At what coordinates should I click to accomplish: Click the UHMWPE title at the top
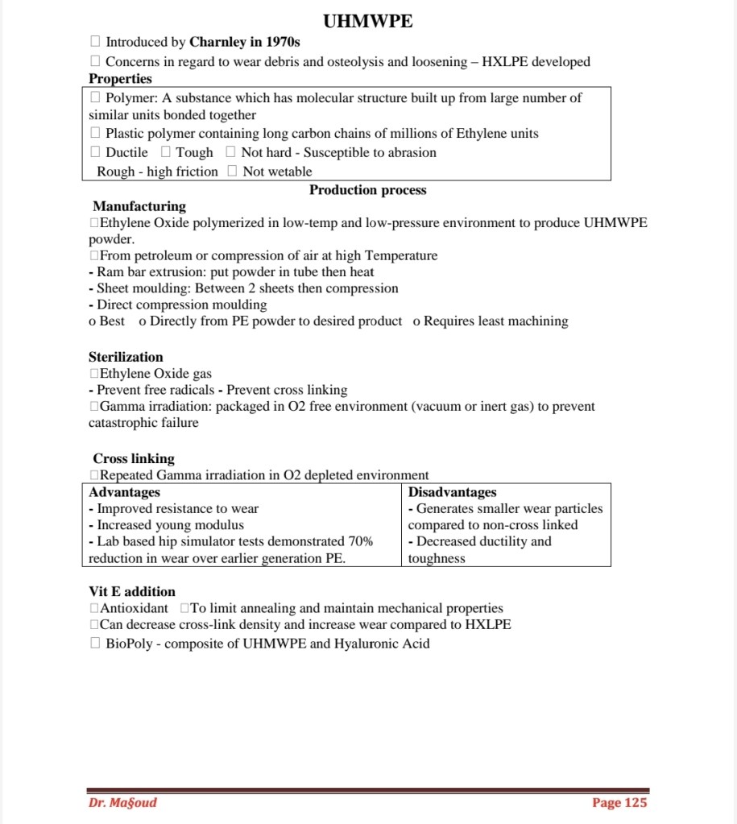[x=367, y=22]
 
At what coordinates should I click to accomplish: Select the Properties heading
[x=120, y=79]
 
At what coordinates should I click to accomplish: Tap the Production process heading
[x=367, y=190]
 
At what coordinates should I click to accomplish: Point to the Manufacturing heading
[x=139, y=206]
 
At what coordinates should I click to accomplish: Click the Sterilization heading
[x=126, y=357]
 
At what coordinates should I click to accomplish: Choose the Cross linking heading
[x=134, y=458]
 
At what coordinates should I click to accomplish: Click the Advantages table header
[x=124, y=492]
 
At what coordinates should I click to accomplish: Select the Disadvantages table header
[x=452, y=492]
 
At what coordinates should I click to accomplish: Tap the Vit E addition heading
[x=131, y=591]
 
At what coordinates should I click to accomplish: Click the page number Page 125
[x=619, y=802]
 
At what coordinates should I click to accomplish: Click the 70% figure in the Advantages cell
[x=360, y=542]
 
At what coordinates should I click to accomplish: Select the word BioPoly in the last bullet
[x=133, y=644]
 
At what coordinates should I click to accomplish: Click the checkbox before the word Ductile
[x=95, y=152]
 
